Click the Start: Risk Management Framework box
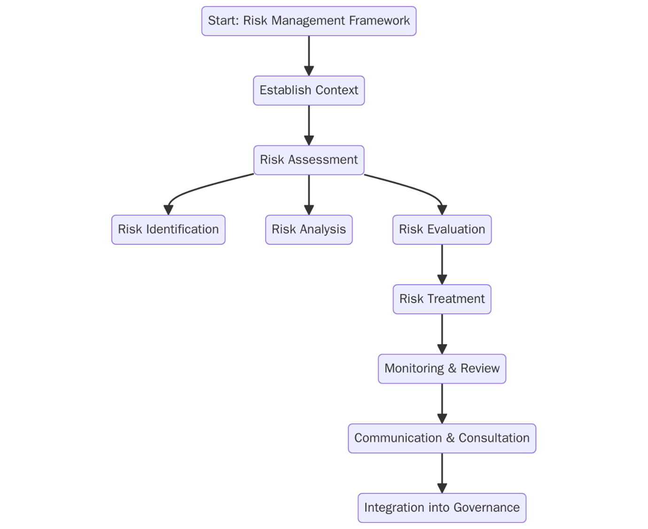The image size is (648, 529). [x=309, y=21]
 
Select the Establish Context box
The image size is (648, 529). [x=309, y=91]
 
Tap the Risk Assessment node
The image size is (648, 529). [x=309, y=160]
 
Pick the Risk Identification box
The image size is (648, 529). [x=168, y=230]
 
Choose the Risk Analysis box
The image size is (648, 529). [x=309, y=230]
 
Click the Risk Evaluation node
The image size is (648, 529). [x=442, y=230]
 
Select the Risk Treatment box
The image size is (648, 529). [x=442, y=299]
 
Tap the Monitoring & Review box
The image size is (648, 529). [x=442, y=368]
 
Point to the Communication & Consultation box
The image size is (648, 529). [x=442, y=438]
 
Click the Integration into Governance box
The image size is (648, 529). [x=442, y=507]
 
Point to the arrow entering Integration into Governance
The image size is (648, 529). [x=442, y=472]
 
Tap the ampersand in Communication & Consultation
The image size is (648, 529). [x=450, y=438]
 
